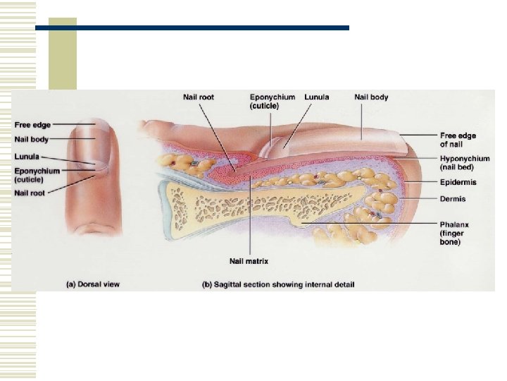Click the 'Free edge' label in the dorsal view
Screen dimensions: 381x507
(33, 126)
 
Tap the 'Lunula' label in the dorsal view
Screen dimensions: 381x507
(28, 156)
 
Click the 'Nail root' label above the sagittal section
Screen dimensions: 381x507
(199, 97)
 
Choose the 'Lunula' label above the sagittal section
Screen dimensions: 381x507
(318, 97)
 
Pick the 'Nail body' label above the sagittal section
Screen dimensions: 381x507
(370, 97)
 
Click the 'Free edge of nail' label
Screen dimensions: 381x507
(457, 140)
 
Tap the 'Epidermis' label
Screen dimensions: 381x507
(458, 182)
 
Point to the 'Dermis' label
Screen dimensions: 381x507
(453, 199)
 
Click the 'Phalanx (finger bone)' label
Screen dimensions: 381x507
(456, 233)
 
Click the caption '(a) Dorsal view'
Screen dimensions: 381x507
(92, 284)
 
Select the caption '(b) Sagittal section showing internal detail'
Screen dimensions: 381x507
(277, 284)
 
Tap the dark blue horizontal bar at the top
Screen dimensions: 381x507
(192, 28)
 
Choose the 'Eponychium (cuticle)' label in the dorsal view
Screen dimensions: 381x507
(37, 175)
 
